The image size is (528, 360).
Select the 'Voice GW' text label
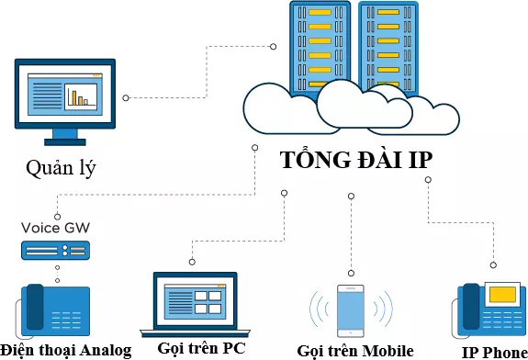(x=58, y=227)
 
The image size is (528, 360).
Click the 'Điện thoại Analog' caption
(x=66, y=350)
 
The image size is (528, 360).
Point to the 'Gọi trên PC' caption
(x=201, y=348)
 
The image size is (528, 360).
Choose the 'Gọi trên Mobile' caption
(x=355, y=350)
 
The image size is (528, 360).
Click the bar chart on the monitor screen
(x=84, y=95)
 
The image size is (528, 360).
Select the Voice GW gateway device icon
(x=57, y=250)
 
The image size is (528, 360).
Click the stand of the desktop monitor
(x=64, y=136)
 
